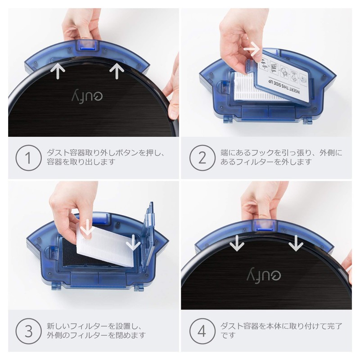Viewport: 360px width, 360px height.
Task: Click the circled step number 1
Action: tap(27, 157)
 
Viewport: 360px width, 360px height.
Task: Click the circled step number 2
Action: tap(201, 157)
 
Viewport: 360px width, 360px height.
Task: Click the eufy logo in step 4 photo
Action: tap(261, 271)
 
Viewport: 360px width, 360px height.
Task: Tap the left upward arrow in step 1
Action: tap(58, 71)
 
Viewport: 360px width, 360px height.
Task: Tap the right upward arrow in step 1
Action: tap(117, 71)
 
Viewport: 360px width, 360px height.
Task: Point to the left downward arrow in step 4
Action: tap(235, 243)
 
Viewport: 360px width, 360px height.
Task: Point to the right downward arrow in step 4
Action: tap(296, 243)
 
